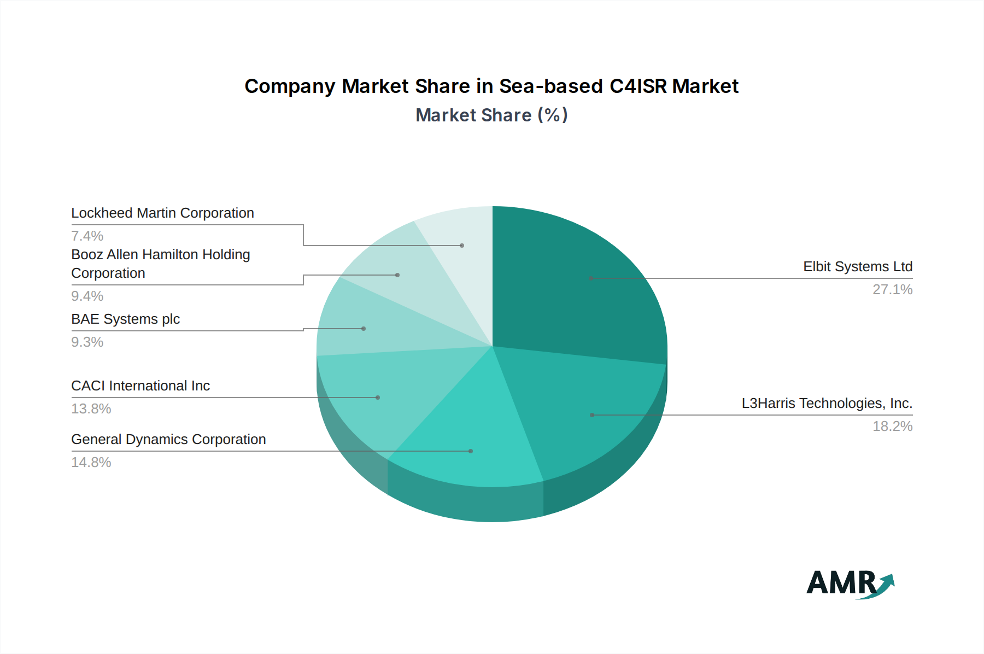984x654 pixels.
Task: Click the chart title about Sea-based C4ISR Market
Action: coord(491,86)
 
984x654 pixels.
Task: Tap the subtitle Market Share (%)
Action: coord(491,115)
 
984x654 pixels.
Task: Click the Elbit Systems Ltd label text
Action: coord(857,267)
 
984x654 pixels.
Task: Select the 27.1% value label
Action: coord(892,290)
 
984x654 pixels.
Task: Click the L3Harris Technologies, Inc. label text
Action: coord(827,404)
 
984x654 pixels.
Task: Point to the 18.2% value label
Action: coord(892,427)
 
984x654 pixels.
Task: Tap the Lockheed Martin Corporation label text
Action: coord(162,213)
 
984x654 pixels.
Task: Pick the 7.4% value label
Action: coord(87,236)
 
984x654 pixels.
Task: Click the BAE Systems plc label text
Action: coord(125,319)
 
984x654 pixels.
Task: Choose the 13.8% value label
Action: coord(91,409)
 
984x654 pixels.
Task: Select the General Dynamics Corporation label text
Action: coord(168,440)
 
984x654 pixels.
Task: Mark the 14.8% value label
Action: coord(91,463)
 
